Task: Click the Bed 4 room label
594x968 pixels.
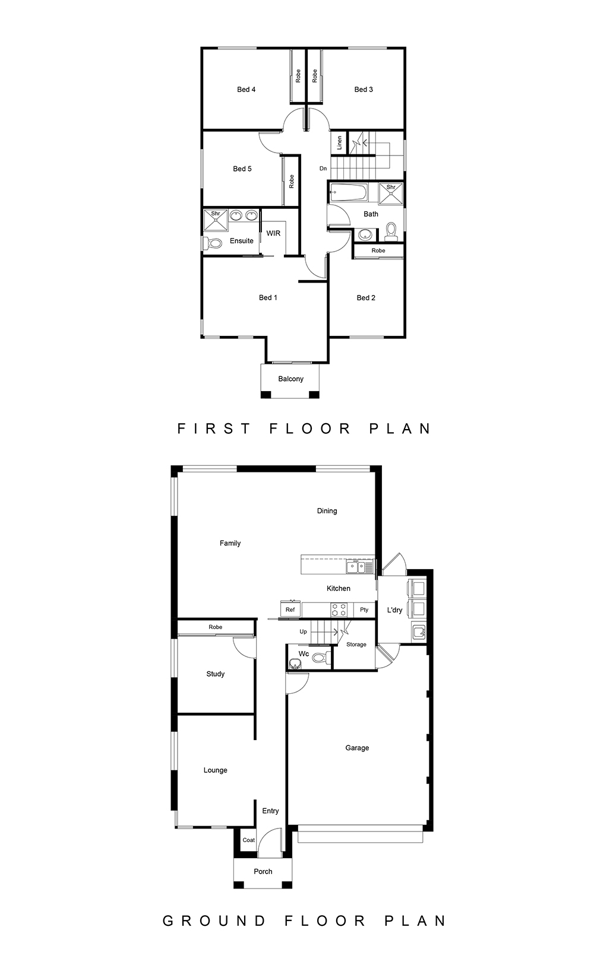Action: [246, 90]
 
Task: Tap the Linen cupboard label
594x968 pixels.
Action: [340, 142]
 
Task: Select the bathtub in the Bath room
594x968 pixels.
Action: [348, 193]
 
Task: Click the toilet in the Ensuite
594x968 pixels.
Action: [212, 243]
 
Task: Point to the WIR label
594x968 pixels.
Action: [273, 233]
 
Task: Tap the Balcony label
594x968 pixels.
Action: [290, 379]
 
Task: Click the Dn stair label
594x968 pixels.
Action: [323, 169]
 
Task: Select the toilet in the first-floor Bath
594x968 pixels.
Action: [391, 232]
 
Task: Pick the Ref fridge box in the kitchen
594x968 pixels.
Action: [290, 610]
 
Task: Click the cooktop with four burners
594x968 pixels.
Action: [339, 610]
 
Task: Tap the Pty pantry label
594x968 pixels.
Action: [364, 610]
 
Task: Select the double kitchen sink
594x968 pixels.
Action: [359, 567]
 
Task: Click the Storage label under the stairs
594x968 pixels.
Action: [356, 645]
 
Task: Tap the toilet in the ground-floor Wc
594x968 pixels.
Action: [321, 658]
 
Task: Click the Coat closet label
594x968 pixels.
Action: [249, 840]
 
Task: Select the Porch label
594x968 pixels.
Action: [263, 872]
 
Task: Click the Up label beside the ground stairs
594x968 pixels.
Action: [304, 632]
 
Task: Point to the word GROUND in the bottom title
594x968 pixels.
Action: [214, 921]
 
